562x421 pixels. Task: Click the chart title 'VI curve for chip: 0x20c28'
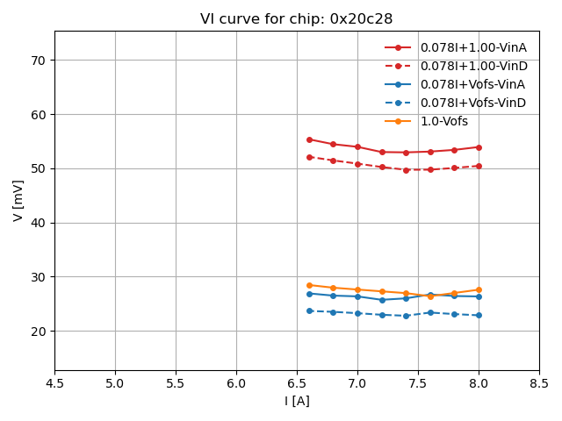coord(296,18)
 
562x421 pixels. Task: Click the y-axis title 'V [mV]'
coord(18,201)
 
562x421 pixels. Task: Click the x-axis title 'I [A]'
coord(297,401)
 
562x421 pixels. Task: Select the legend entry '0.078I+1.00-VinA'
coord(472,47)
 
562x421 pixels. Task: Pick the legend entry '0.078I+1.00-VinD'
coord(472,66)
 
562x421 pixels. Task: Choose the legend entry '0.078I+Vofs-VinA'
coord(472,84)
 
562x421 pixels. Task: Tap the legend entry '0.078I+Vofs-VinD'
coord(472,103)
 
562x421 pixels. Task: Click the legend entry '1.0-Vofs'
coord(444,121)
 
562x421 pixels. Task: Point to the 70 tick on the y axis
coord(40,61)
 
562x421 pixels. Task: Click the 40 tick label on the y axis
coord(40,223)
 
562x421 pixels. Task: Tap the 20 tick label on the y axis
coord(40,332)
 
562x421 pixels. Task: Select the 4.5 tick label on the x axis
coord(54,383)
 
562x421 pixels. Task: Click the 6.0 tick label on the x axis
coord(236,383)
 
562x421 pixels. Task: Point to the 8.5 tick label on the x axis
coord(539,383)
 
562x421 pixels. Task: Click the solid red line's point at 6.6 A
coord(309,139)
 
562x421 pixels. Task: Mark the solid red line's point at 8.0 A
coord(479,147)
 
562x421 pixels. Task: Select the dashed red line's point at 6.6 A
coord(309,157)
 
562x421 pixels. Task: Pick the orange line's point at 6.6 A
coord(309,285)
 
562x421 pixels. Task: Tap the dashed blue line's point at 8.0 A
coord(479,316)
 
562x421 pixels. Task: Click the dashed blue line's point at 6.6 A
coord(309,310)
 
